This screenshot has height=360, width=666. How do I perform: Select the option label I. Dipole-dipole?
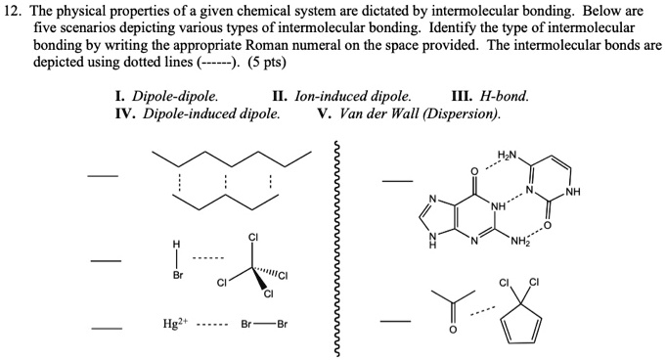[x=166, y=96]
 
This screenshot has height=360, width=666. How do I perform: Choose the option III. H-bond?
[x=491, y=96]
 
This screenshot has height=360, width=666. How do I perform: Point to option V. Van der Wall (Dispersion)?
[x=409, y=112]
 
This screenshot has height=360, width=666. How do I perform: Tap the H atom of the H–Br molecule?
[x=177, y=245]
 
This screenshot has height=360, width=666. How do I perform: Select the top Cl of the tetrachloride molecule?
[x=253, y=239]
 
